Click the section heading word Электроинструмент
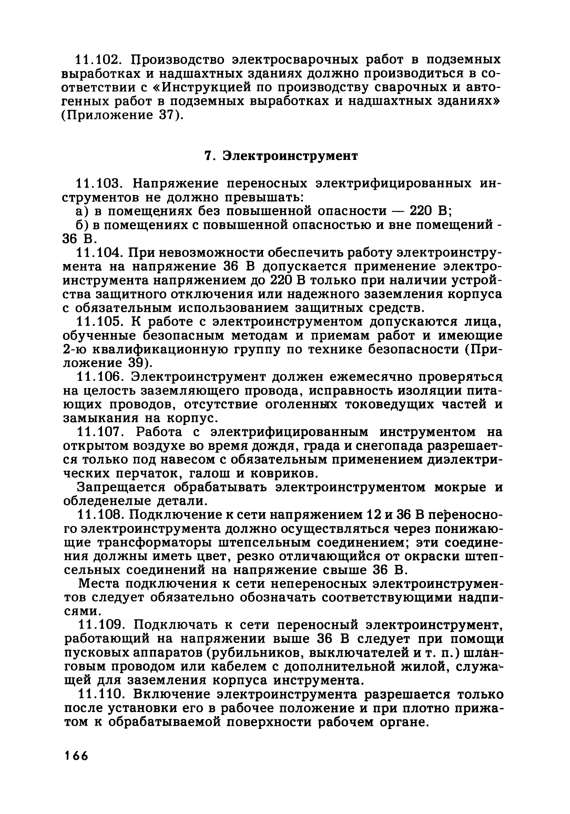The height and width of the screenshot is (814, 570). coord(290,156)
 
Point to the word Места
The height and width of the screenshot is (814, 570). coord(95,584)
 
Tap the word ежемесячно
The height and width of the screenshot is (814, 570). coord(376,377)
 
